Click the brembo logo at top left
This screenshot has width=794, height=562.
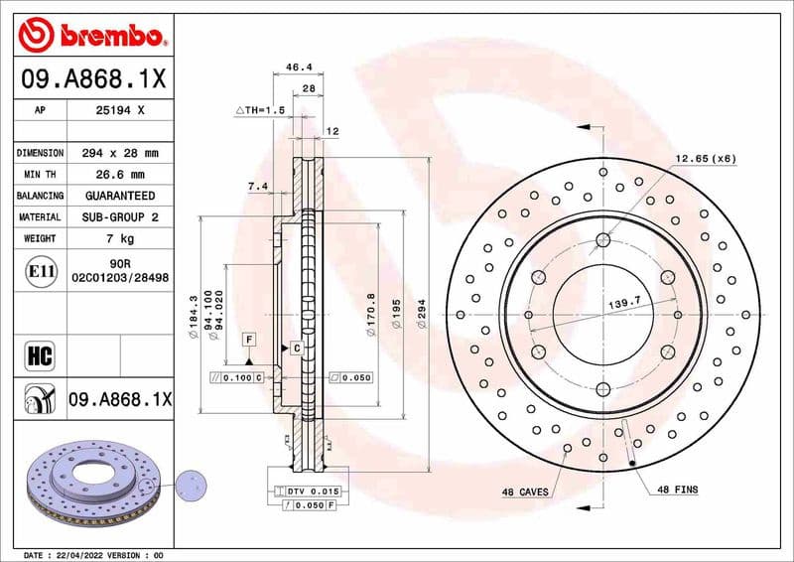coord(90,36)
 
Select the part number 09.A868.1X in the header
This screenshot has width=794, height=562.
coord(92,76)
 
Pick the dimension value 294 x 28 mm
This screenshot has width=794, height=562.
coord(120,154)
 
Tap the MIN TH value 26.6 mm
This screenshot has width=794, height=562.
coord(120,175)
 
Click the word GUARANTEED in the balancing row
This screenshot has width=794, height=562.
coord(120,196)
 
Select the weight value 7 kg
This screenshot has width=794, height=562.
coord(120,238)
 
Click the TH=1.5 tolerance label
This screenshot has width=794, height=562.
coord(260,109)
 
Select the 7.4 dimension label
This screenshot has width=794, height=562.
coord(257,186)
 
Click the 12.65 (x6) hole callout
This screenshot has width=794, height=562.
coord(706,159)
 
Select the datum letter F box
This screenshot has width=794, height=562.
coord(247,340)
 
